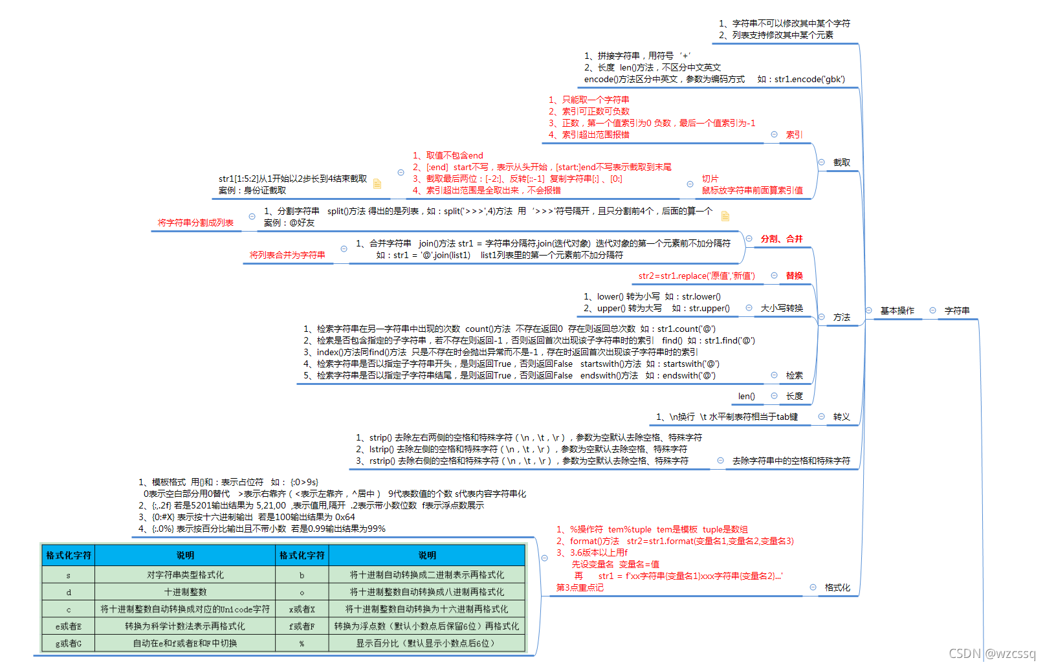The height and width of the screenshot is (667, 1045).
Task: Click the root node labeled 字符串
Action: pos(956,311)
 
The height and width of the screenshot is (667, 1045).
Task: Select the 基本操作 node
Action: pos(897,311)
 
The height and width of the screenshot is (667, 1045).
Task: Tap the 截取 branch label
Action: pos(841,162)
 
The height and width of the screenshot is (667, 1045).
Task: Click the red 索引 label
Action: pos(794,135)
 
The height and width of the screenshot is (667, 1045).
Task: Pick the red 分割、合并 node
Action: pos(781,239)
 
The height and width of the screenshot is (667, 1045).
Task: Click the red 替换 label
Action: pos(794,276)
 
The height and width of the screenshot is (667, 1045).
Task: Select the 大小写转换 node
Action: pos(782,308)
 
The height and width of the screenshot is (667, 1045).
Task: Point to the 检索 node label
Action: pos(794,375)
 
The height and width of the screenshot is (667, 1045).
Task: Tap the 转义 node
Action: pos(841,417)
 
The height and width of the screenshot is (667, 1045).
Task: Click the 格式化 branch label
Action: pos(837,587)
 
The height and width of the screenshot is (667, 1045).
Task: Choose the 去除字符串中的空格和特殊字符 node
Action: pos(791,461)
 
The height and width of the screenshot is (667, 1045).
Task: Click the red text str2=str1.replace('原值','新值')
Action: pos(696,276)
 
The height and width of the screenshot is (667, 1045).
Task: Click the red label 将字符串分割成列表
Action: pos(195,223)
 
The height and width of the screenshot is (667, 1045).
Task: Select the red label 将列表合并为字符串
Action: pos(287,255)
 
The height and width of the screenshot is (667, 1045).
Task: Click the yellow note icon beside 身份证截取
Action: pos(377,184)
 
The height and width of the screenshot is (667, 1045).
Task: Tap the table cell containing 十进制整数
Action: pos(185,592)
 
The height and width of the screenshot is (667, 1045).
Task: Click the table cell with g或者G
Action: pos(69,643)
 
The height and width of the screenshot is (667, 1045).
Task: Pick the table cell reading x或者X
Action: pos(302,609)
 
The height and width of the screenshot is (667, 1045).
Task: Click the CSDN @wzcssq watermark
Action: pos(991,653)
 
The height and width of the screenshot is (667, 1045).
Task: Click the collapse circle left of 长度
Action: pos(774,396)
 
